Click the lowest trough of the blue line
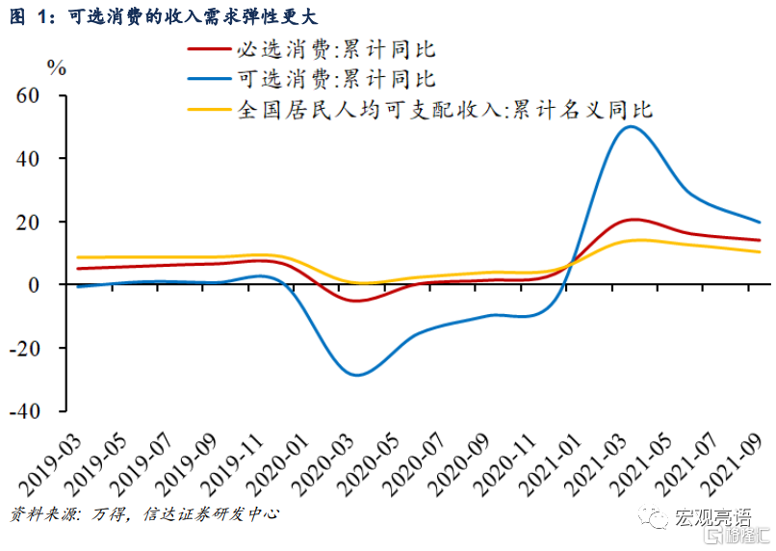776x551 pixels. pos(359,375)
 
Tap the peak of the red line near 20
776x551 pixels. pos(631,220)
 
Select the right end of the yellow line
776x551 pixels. pos(760,251)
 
